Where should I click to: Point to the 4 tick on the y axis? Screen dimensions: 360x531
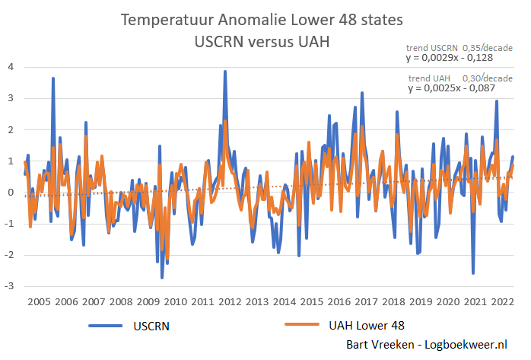9,67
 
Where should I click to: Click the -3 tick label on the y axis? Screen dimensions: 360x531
8,286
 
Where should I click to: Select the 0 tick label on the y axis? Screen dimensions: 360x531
9,192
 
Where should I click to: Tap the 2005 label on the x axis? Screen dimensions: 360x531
39,302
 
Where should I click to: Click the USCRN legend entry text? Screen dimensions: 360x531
149,325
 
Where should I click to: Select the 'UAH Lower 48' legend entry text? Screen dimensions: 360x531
367,325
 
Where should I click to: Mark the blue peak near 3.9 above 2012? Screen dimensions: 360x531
225,72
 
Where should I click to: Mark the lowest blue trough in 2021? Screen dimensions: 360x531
473,273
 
